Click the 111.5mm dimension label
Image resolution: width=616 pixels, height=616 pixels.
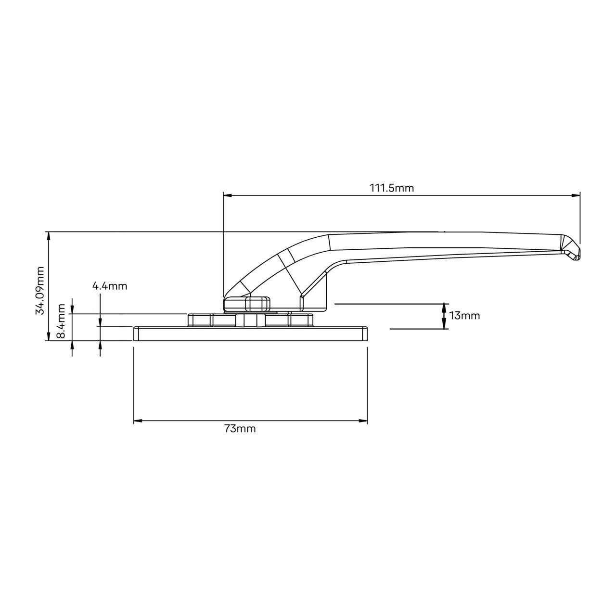[391, 188]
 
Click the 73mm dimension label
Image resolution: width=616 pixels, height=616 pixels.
[240, 429]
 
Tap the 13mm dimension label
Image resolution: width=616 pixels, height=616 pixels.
[464, 316]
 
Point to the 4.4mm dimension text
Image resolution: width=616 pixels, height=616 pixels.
[110, 286]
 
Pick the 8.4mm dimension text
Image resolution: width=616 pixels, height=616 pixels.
[61, 321]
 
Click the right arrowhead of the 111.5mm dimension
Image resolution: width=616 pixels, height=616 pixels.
[576, 195]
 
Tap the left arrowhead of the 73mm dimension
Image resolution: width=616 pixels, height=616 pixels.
[138, 421]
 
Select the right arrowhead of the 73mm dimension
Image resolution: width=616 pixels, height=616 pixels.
[363, 421]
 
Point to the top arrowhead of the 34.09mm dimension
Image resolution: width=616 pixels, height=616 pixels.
[48, 236]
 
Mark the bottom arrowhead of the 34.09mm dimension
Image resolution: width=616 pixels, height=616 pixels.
[48, 336]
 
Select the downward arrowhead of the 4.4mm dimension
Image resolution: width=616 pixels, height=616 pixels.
[100, 322]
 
